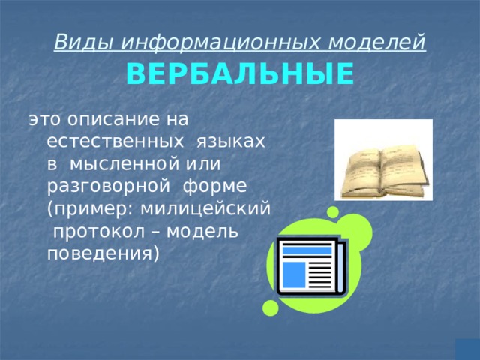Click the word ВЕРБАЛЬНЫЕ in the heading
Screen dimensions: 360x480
tap(240, 75)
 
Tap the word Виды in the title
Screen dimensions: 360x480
tap(75, 43)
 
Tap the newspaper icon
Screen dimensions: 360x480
tap(310, 266)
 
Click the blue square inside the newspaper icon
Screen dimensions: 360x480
tap(293, 274)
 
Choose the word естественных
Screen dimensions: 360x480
tap(111, 141)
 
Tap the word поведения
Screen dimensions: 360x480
tap(101, 253)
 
